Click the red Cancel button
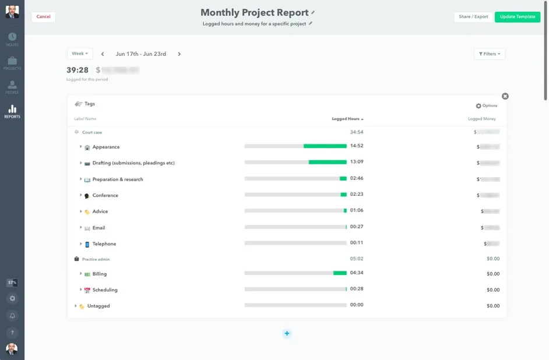(43, 17)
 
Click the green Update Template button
(517, 17)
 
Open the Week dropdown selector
(80, 54)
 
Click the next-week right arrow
(179, 54)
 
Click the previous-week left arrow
(103, 54)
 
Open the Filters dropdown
(490, 54)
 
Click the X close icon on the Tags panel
(505, 96)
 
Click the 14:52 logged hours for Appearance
(357, 146)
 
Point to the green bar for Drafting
(327, 163)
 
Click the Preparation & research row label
(118, 179)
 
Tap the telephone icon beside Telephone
(87, 244)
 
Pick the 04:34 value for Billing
(357, 273)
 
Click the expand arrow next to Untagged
(75, 306)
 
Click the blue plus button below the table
(287, 333)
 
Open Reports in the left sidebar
(12, 111)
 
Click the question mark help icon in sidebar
(12, 333)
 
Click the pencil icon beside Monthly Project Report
(313, 12)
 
